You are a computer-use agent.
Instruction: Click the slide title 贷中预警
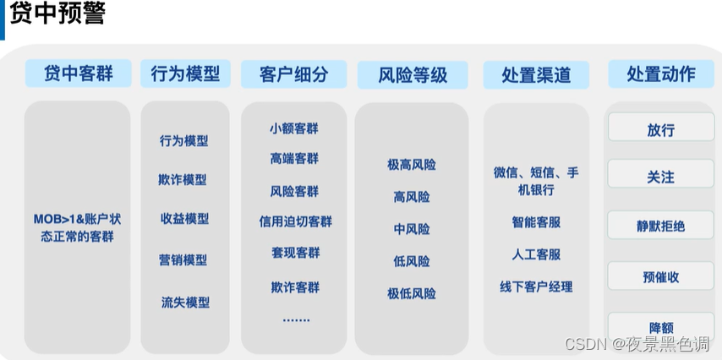pos(58,14)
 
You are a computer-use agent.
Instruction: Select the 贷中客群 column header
pos(77,73)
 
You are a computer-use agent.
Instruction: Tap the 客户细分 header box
pos(294,74)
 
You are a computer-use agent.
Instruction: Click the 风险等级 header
pos(413,74)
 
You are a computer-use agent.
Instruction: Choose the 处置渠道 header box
pos(536,74)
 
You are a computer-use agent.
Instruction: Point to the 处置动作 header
pos(661,74)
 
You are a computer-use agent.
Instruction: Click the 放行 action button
pos(661,129)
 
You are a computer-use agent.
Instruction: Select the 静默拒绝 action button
pos(661,226)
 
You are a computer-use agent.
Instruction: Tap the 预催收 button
pos(661,276)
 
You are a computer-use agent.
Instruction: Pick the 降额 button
pos(661,326)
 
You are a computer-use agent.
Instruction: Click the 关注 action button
pos(661,177)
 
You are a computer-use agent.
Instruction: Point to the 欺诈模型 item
pos(183,179)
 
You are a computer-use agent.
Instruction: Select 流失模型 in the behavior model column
pos(185,302)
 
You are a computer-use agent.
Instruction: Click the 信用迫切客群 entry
pos(295,221)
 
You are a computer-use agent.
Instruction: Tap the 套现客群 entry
pos(295,253)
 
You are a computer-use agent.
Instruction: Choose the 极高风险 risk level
pos(412,165)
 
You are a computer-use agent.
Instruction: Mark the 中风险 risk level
pos(412,229)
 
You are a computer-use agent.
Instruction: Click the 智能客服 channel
pos(536,222)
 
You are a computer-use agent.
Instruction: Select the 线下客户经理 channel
pos(536,286)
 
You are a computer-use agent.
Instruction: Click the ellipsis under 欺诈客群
pos(296,319)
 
